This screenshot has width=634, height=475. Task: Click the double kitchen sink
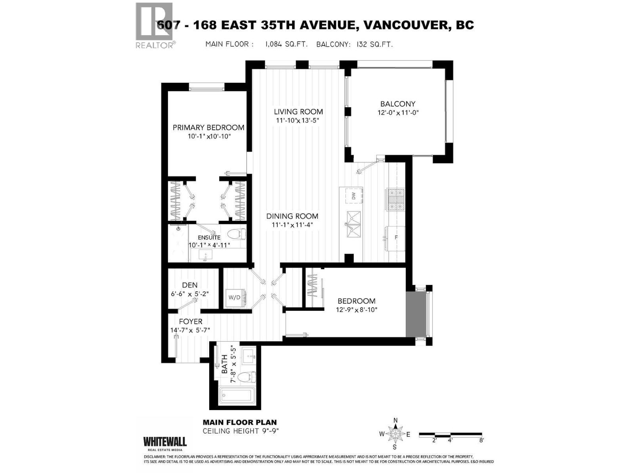(354, 224)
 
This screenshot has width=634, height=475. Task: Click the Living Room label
(298, 112)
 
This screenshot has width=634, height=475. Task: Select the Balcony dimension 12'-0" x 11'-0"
(398, 112)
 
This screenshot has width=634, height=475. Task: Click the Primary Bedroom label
(208, 127)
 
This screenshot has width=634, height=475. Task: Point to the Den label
(190, 285)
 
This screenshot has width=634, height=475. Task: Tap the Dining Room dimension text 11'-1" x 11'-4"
(292, 225)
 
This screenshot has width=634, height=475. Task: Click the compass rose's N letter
(395, 420)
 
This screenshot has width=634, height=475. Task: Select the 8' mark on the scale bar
(481, 440)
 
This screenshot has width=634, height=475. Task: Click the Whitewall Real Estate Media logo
(165, 443)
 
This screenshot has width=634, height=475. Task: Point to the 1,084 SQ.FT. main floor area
(286, 44)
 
